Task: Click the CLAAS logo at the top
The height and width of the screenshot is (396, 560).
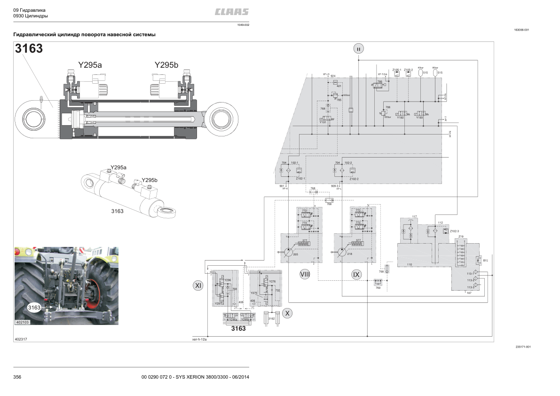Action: (x=232, y=12)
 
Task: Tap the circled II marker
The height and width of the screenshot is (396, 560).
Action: (x=358, y=48)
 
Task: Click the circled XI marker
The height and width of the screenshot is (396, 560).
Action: (x=198, y=285)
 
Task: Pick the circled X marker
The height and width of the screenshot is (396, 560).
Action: (x=287, y=312)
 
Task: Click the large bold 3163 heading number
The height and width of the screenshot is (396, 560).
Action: (x=29, y=48)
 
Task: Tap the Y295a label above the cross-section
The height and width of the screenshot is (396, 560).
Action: (x=90, y=65)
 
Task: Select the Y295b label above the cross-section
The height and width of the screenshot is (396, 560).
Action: (x=166, y=65)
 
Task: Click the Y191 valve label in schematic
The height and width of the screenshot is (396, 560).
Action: (x=323, y=122)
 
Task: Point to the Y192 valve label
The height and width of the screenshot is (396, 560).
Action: (x=400, y=118)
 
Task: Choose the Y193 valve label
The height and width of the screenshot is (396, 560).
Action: (x=419, y=118)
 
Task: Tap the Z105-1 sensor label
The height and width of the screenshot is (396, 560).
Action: (x=397, y=70)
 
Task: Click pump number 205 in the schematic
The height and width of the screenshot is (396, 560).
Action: (x=295, y=254)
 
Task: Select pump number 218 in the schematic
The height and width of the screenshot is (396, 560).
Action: (x=349, y=254)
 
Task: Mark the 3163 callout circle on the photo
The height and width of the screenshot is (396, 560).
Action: (x=34, y=308)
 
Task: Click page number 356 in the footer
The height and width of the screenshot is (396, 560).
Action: (x=17, y=377)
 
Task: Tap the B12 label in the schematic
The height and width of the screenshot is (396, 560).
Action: (x=486, y=260)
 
